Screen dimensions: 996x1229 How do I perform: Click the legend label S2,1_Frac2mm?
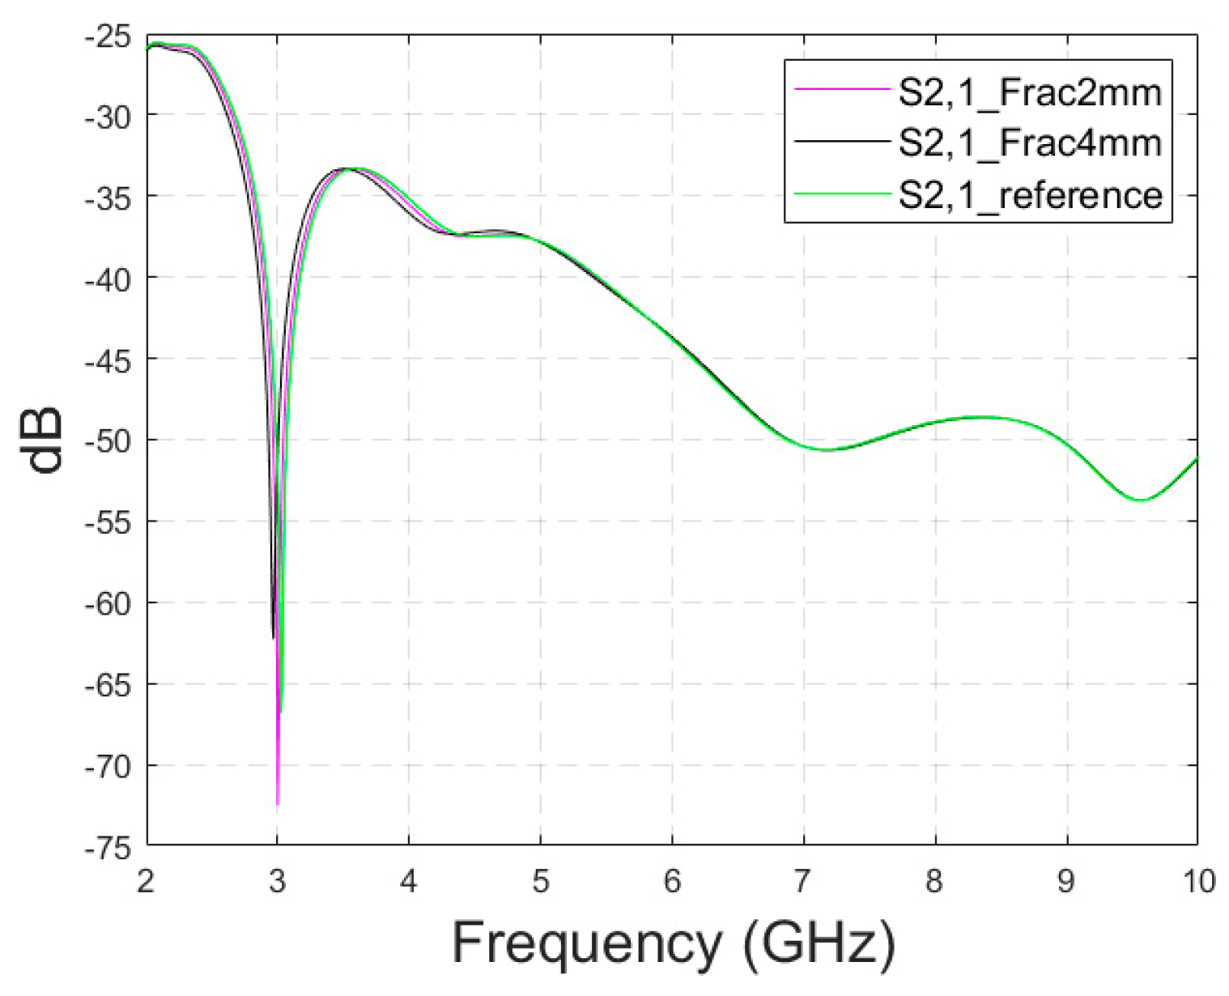click(1030, 94)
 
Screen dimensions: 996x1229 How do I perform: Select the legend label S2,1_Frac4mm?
click(1030, 144)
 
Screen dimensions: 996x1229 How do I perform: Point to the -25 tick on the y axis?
click(110, 36)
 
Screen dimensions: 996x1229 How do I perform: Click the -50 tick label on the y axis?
click(110, 441)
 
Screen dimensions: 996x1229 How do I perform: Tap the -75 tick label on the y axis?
click(110, 848)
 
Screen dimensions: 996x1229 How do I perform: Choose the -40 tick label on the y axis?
click(110, 279)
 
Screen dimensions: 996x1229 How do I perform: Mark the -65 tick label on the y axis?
click(110, 685)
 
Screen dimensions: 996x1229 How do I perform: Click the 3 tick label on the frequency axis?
click(278, 880)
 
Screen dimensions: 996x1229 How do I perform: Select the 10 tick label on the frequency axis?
click(1196, 880)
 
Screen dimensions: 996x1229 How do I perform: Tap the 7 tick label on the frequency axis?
click(802, 880)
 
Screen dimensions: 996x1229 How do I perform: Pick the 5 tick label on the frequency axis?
click(540, 880)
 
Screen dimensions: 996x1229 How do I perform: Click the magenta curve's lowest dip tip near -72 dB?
click(278, 802)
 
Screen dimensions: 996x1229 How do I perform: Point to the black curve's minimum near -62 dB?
click(274, 637)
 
